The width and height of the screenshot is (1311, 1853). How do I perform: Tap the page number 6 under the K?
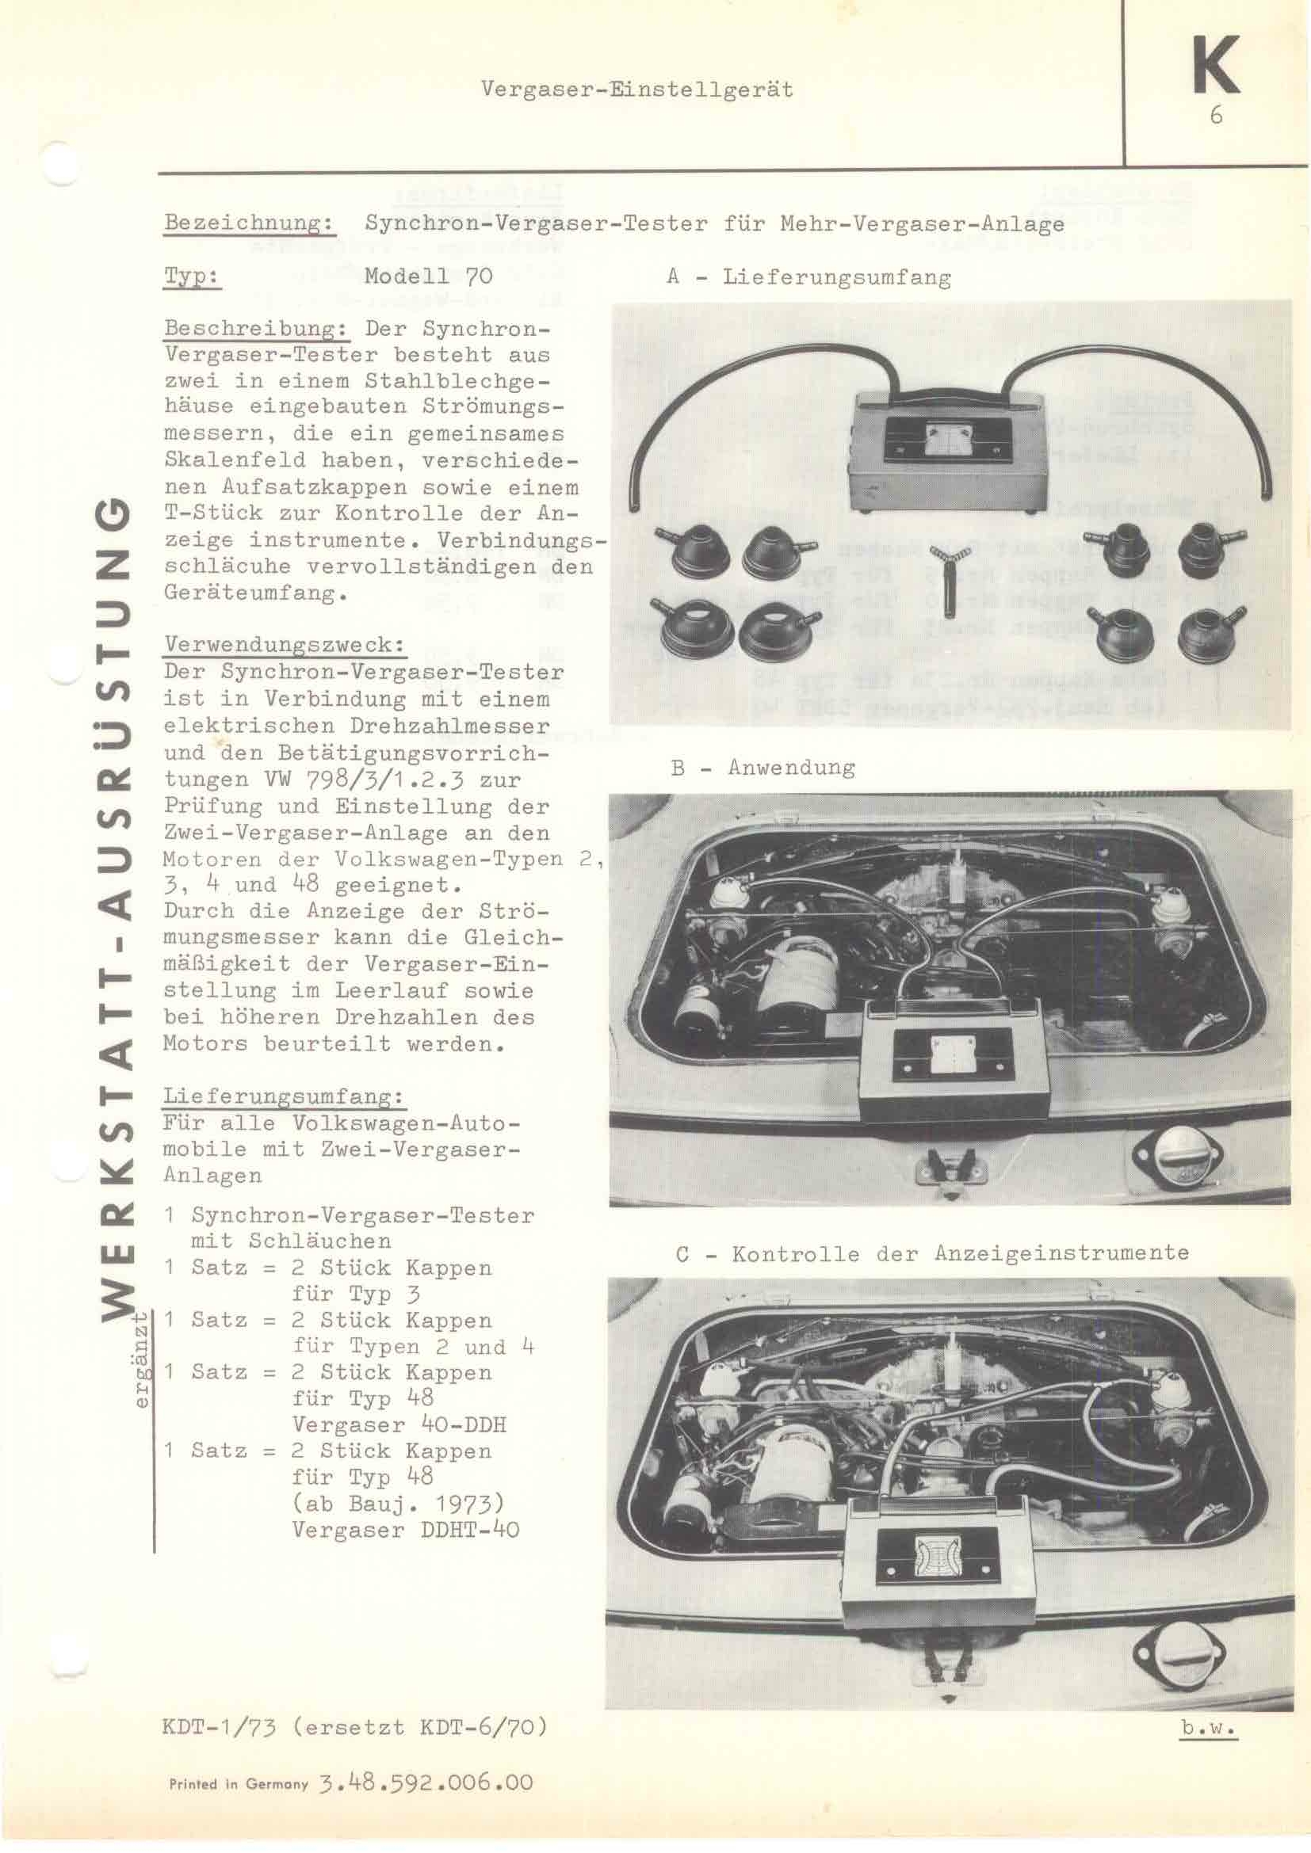point(1216,116)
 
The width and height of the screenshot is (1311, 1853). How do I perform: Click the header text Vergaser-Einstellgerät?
point(637,90)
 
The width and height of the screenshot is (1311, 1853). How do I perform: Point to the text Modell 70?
point(428,276)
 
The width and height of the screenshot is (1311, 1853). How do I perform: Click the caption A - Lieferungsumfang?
point(809,277)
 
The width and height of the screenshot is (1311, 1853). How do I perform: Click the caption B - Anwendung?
point(763,767)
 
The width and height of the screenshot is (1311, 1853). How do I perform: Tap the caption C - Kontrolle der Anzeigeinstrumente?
point(932,1253)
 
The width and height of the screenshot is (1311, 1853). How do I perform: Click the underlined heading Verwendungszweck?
point(285,645)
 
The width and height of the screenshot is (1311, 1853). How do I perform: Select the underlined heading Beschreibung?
point(256,329)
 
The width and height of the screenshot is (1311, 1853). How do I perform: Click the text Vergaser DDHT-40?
point(405,1529)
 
